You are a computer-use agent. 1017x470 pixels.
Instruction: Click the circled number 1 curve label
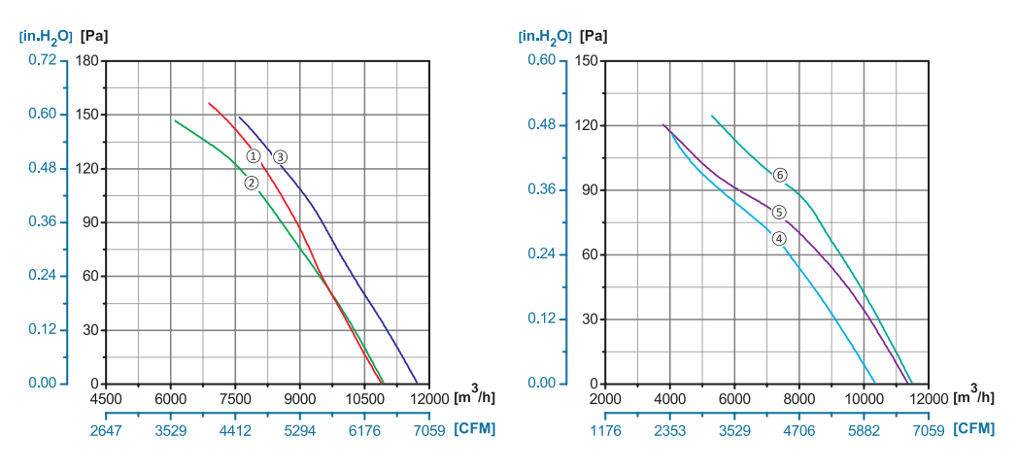click(253, 155)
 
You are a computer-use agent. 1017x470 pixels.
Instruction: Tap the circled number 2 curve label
click(251, 183)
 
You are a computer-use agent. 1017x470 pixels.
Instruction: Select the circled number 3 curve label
click(280, 156)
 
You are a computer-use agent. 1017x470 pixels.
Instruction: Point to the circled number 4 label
click(779, 239)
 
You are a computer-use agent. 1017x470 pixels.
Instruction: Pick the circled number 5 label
click(778, 212)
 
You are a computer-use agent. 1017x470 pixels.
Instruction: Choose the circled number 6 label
click(779, 176)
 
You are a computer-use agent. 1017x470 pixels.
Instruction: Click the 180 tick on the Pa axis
click(89, 60)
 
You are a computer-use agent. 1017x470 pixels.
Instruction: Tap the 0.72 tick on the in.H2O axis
click(43, 60)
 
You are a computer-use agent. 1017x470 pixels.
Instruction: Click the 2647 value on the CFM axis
click(106, 430)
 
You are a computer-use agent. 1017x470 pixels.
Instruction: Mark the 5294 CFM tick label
click(299, 430)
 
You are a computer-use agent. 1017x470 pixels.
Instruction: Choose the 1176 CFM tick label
click(604, 430)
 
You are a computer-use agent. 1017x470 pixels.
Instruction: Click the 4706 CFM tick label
click(798, 430)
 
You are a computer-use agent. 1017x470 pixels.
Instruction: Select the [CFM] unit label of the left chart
click(474, 429)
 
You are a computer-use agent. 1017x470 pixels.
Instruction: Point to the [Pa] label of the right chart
click(593, 37)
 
